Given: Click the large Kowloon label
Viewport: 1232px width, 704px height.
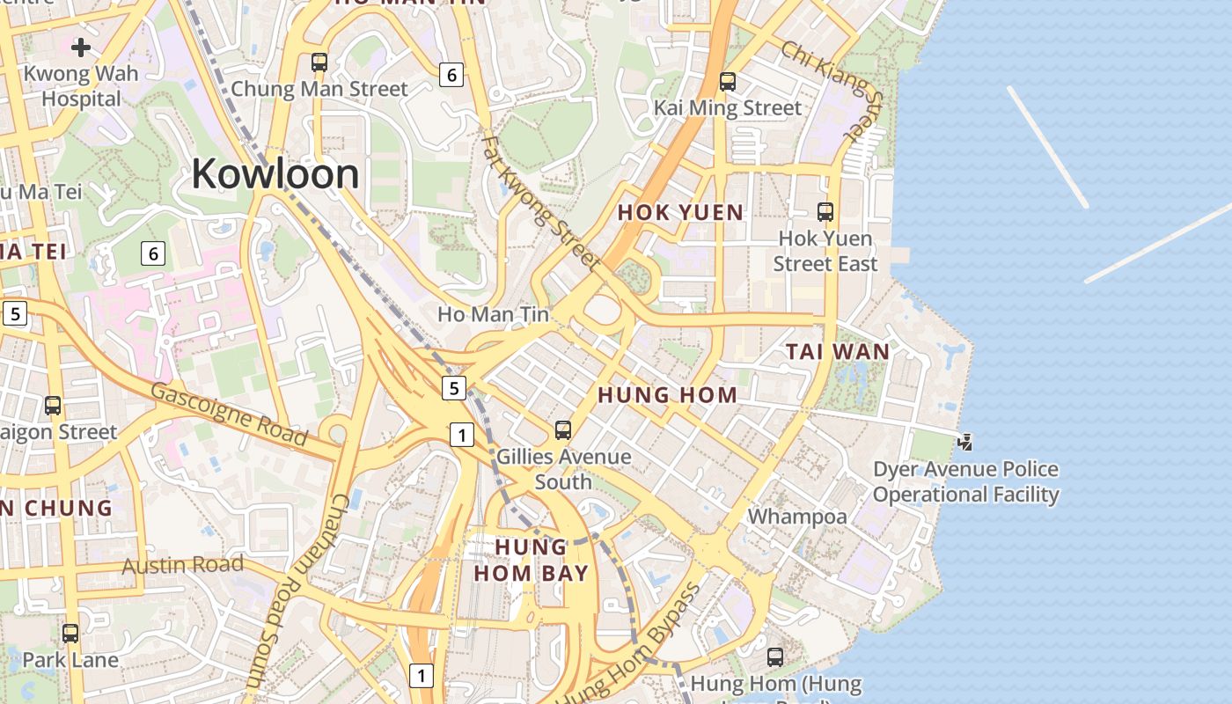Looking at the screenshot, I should [x=275, y=173].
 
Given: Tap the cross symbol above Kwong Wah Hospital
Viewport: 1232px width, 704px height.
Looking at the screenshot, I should [x=82, y=47].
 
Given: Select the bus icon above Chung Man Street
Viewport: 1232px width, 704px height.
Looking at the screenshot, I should [x=319, y=62].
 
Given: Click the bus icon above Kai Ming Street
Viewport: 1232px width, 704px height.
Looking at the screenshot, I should [x=728, y=82].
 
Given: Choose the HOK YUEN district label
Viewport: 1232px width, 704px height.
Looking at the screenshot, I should [x=680, y=212].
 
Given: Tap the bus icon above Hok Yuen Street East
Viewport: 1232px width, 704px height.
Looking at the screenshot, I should [x=825, y=212].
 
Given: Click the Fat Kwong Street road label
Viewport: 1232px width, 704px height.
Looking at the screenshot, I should [x=540, y=201].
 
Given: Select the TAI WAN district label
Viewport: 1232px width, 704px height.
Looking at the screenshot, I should [x=837, y=352].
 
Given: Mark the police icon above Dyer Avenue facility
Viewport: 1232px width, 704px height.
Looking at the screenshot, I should [x=965, y=442].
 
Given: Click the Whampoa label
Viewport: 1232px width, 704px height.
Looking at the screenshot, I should [x=797, y=517].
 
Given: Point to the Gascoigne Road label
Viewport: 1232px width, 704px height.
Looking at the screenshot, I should [x=229, y=414].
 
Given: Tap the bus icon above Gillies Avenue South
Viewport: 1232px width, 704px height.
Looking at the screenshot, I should [x=563, y=430].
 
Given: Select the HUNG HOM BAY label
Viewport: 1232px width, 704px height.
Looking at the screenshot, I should [x=531, y=561].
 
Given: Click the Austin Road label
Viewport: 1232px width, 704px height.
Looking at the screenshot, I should [x=182, y=564].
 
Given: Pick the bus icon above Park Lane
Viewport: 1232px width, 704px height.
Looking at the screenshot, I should [x=70, y=633].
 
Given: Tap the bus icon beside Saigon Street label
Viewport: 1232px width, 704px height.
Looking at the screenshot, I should [x=53, y=406].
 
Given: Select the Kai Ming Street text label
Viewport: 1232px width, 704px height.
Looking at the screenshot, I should [x=728, y=108].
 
